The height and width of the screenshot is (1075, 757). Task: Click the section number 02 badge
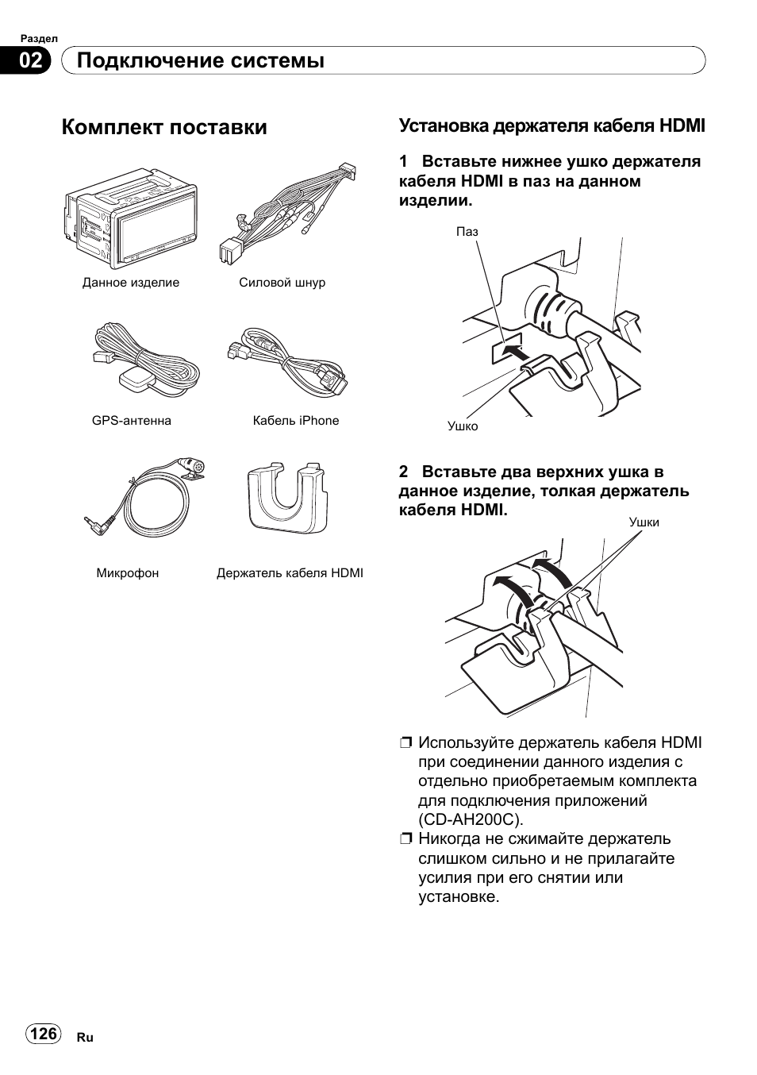point(31,60)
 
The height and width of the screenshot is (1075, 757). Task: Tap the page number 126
point(44,1033)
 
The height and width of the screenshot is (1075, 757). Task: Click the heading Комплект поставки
point(164,127)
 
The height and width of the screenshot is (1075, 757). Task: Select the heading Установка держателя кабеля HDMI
point(551,125)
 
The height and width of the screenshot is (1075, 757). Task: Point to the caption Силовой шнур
point(282,283)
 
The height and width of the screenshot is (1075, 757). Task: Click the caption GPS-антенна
point(132,421)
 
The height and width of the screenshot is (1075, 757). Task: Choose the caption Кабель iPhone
point(296,421)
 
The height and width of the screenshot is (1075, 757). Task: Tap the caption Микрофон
point(128,572)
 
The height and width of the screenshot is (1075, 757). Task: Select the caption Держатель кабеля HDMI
point(290,572)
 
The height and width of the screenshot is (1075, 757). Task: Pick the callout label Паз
point(467,232)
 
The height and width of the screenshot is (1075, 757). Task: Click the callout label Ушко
point(463,426)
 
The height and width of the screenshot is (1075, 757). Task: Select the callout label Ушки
point(644,522)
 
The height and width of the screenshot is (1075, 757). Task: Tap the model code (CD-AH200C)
point(471,819)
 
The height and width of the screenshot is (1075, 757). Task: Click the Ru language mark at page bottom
point(85,1038)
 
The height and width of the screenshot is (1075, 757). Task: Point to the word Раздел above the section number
point(39,38)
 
